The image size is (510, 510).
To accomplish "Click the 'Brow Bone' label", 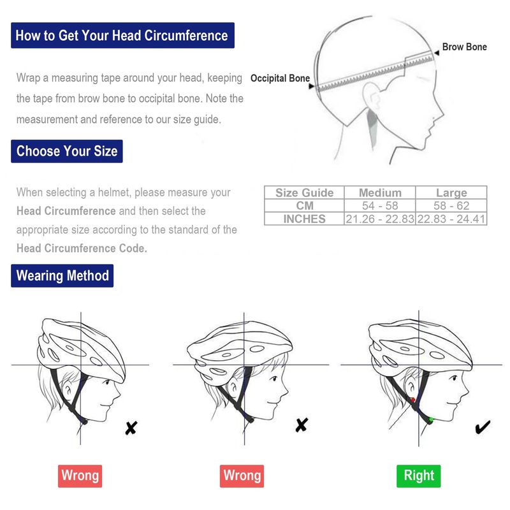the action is point(464,47).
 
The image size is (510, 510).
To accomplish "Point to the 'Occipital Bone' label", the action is point(280,78).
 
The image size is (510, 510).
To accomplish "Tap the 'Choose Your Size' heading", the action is point(67,151).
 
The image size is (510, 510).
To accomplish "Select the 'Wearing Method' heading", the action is point(62,276).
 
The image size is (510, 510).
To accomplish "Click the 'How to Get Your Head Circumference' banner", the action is point(122,36).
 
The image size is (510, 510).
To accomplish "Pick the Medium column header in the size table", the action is point(380,193).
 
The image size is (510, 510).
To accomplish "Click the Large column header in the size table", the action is point(451,193).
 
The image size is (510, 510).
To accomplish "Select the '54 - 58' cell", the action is point(380,205).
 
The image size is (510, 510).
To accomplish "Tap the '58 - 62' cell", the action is point(451,205).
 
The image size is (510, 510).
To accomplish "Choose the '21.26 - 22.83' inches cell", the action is point(380,219).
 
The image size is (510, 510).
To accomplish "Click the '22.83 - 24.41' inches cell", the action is point(451,219).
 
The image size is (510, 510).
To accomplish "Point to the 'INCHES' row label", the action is point(305,219).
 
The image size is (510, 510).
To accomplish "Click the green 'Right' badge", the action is point(419,476).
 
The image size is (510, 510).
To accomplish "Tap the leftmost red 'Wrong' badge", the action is point(80,476).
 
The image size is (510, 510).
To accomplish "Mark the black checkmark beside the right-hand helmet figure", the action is point(483,426).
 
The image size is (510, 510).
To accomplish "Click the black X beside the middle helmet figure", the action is point(302,425).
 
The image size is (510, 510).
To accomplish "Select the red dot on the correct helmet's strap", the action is point(412,400).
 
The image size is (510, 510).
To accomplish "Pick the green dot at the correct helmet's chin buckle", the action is point(431,420).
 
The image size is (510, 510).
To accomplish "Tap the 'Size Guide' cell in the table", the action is point(305,193).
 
